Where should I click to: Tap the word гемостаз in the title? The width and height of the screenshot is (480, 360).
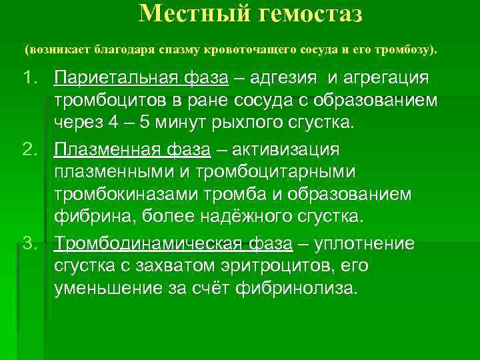307,13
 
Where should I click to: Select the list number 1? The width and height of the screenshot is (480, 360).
30,79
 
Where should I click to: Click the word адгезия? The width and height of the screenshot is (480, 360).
285,79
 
